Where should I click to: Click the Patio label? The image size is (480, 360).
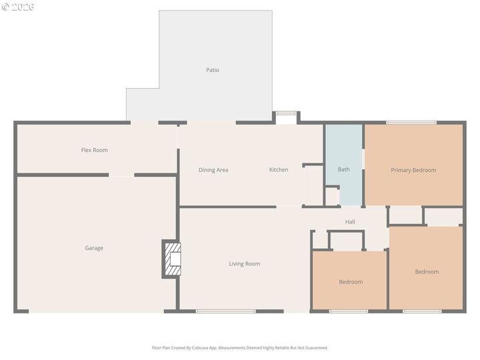click(x=212, y=70)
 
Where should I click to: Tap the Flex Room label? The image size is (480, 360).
click(x=94, y=150)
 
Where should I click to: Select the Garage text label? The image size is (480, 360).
click(x=94, y=248)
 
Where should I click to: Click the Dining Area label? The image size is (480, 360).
click(x=213, y=170)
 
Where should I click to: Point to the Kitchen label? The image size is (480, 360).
click(x=279, y=170)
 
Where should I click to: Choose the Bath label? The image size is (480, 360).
click(x=343, y=169)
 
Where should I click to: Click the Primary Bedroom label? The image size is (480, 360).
click(x=413, y=170)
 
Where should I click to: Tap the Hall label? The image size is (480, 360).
click(x=350, y=222)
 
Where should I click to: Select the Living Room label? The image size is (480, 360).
click(x=245, y=264)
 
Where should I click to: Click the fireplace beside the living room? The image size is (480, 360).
click(x=172, y=259)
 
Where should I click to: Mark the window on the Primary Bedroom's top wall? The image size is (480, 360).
click(x=411, y=123)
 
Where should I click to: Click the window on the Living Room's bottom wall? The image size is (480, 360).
click(x=226, y=311)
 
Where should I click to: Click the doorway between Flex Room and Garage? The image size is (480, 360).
click(x=121, y=175)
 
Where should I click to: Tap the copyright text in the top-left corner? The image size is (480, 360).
click(x=18, y=7)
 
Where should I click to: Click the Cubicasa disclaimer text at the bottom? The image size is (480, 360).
click(x=240, y=347)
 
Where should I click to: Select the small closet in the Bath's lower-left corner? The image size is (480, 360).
click(x=332, y=197)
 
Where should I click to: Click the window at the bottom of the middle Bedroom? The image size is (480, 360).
click(x=348, y=311)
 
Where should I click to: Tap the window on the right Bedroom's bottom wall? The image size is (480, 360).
click(x=422, y=311)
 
